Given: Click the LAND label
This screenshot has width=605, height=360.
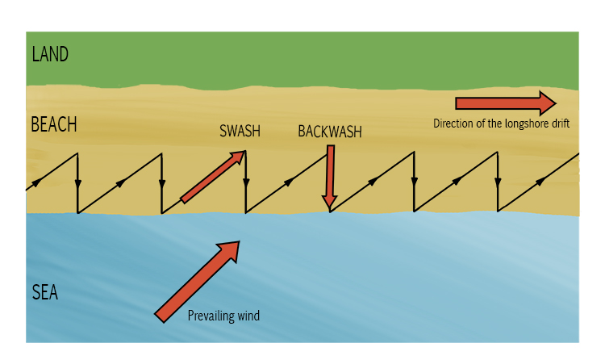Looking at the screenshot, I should coord(50,55).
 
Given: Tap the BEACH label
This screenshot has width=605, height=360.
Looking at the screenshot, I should coord(53,125).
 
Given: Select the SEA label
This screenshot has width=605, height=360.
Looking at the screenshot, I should coord(45,292).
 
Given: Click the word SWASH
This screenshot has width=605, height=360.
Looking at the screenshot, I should coord(240,132).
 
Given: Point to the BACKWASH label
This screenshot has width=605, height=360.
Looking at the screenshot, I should coord(329,132).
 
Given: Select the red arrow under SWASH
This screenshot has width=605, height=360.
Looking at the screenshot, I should coord(212,177).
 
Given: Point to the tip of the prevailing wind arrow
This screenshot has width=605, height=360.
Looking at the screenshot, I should coord(240,241).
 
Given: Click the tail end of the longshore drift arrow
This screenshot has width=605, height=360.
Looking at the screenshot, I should coord(458,103).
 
